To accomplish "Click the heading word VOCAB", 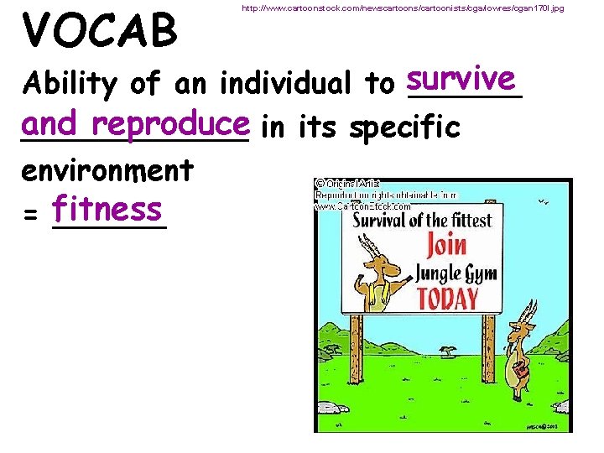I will [101, 29].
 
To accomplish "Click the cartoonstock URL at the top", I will [402, 8].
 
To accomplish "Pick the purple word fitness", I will [107, 207].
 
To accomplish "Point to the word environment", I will [109, 171].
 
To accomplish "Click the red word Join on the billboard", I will [446, 246].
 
